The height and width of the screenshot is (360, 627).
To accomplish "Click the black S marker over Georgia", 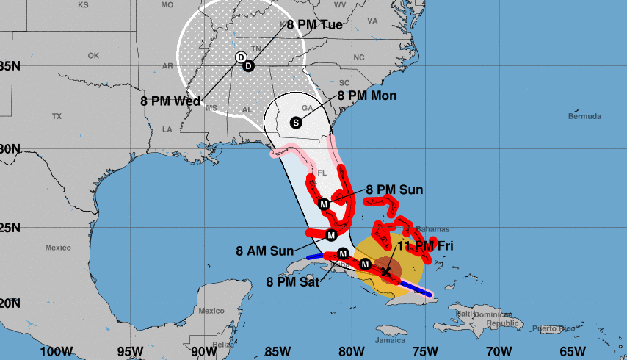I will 296,123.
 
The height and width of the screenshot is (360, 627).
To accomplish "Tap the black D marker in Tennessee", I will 248,66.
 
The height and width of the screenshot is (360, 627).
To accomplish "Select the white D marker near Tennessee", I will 240,57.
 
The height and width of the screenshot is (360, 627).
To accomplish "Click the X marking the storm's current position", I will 386,271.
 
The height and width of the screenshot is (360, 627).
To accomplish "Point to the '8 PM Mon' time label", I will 367,96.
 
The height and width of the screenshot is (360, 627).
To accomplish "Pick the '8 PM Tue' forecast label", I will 314,25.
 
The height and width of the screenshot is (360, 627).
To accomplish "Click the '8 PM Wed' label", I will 170,101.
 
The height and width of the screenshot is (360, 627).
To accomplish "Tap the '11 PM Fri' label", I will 425,246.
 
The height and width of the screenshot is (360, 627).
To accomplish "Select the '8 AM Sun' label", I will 265,251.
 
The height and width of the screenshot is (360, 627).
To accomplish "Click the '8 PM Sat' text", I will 293,281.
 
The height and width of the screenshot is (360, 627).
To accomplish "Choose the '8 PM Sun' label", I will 394,190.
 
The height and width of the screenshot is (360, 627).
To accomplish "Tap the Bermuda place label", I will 584,116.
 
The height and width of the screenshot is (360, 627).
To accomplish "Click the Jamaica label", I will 389,341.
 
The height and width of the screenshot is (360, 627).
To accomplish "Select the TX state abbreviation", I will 57,117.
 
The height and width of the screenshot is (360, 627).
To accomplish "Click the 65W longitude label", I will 571,351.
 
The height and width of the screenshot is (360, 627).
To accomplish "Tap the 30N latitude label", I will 9,148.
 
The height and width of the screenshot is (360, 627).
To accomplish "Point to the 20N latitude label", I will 9,303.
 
